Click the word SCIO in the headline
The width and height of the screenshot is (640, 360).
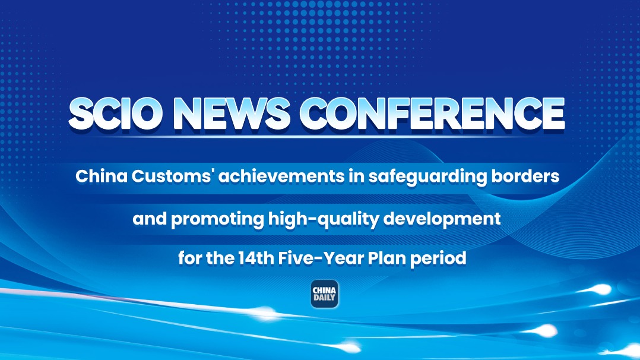(113, 113)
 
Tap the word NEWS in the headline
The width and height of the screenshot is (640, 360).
(232, 113)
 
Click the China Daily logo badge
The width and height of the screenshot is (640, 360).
(325, 294)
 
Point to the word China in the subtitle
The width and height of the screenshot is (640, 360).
(102, 176)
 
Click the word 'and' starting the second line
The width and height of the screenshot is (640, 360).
(150, 219)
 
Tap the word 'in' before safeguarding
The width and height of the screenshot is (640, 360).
(356, 176)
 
